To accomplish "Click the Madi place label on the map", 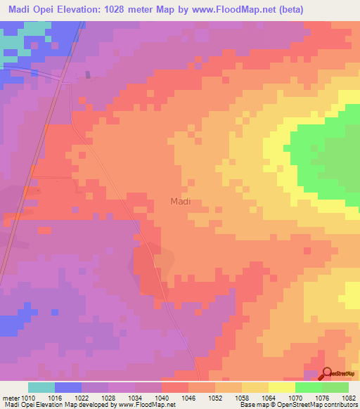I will click(x=181, y=202).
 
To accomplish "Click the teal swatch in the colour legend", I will click(x=41, y=387).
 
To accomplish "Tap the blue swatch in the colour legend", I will click(x=68, y=387).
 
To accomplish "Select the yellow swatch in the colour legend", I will click(x=282, y=387).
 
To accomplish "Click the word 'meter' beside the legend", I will click(x=11, y=396).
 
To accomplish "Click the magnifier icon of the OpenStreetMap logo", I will click(x=328, y=374).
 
